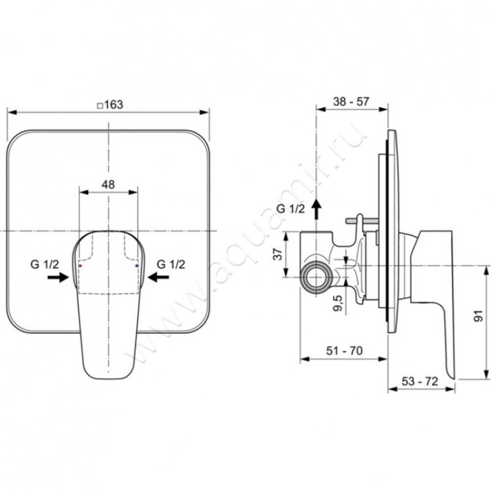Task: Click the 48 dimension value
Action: (x=108, y=185)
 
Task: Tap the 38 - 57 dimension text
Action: (x=351, y=101)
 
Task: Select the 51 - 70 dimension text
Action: (x=344, y=350)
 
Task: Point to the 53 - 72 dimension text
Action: (x=420, y=381)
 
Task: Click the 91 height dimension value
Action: (x=479, y=316)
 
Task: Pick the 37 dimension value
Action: (x=278, y=253)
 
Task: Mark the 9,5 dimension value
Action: (x=338, y=303)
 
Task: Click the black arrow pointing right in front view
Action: (x=58, y=277)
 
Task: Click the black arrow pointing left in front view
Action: (x=158, y=277)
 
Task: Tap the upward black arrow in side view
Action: (x=317, y=209)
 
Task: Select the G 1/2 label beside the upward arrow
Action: (x=290, y=209)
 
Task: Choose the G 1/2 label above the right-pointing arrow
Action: (x=44, y=265)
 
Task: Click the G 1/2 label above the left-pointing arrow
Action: (x=171, y=265)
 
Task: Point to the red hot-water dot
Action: (x=80, y=266)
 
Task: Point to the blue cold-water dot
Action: (x=136, y=266)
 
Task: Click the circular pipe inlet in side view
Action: (x=317, y=277)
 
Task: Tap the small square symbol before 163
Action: (x=100, y=106)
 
